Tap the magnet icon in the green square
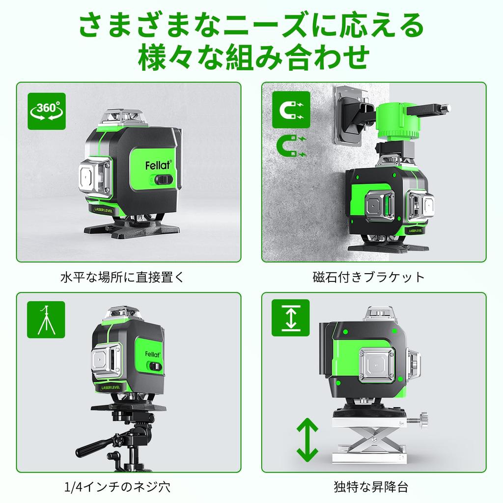point(291,110)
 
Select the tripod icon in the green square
point(46,319)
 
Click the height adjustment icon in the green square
point(291,318)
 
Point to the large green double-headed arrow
point(307,438)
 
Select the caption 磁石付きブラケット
point(368,277)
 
